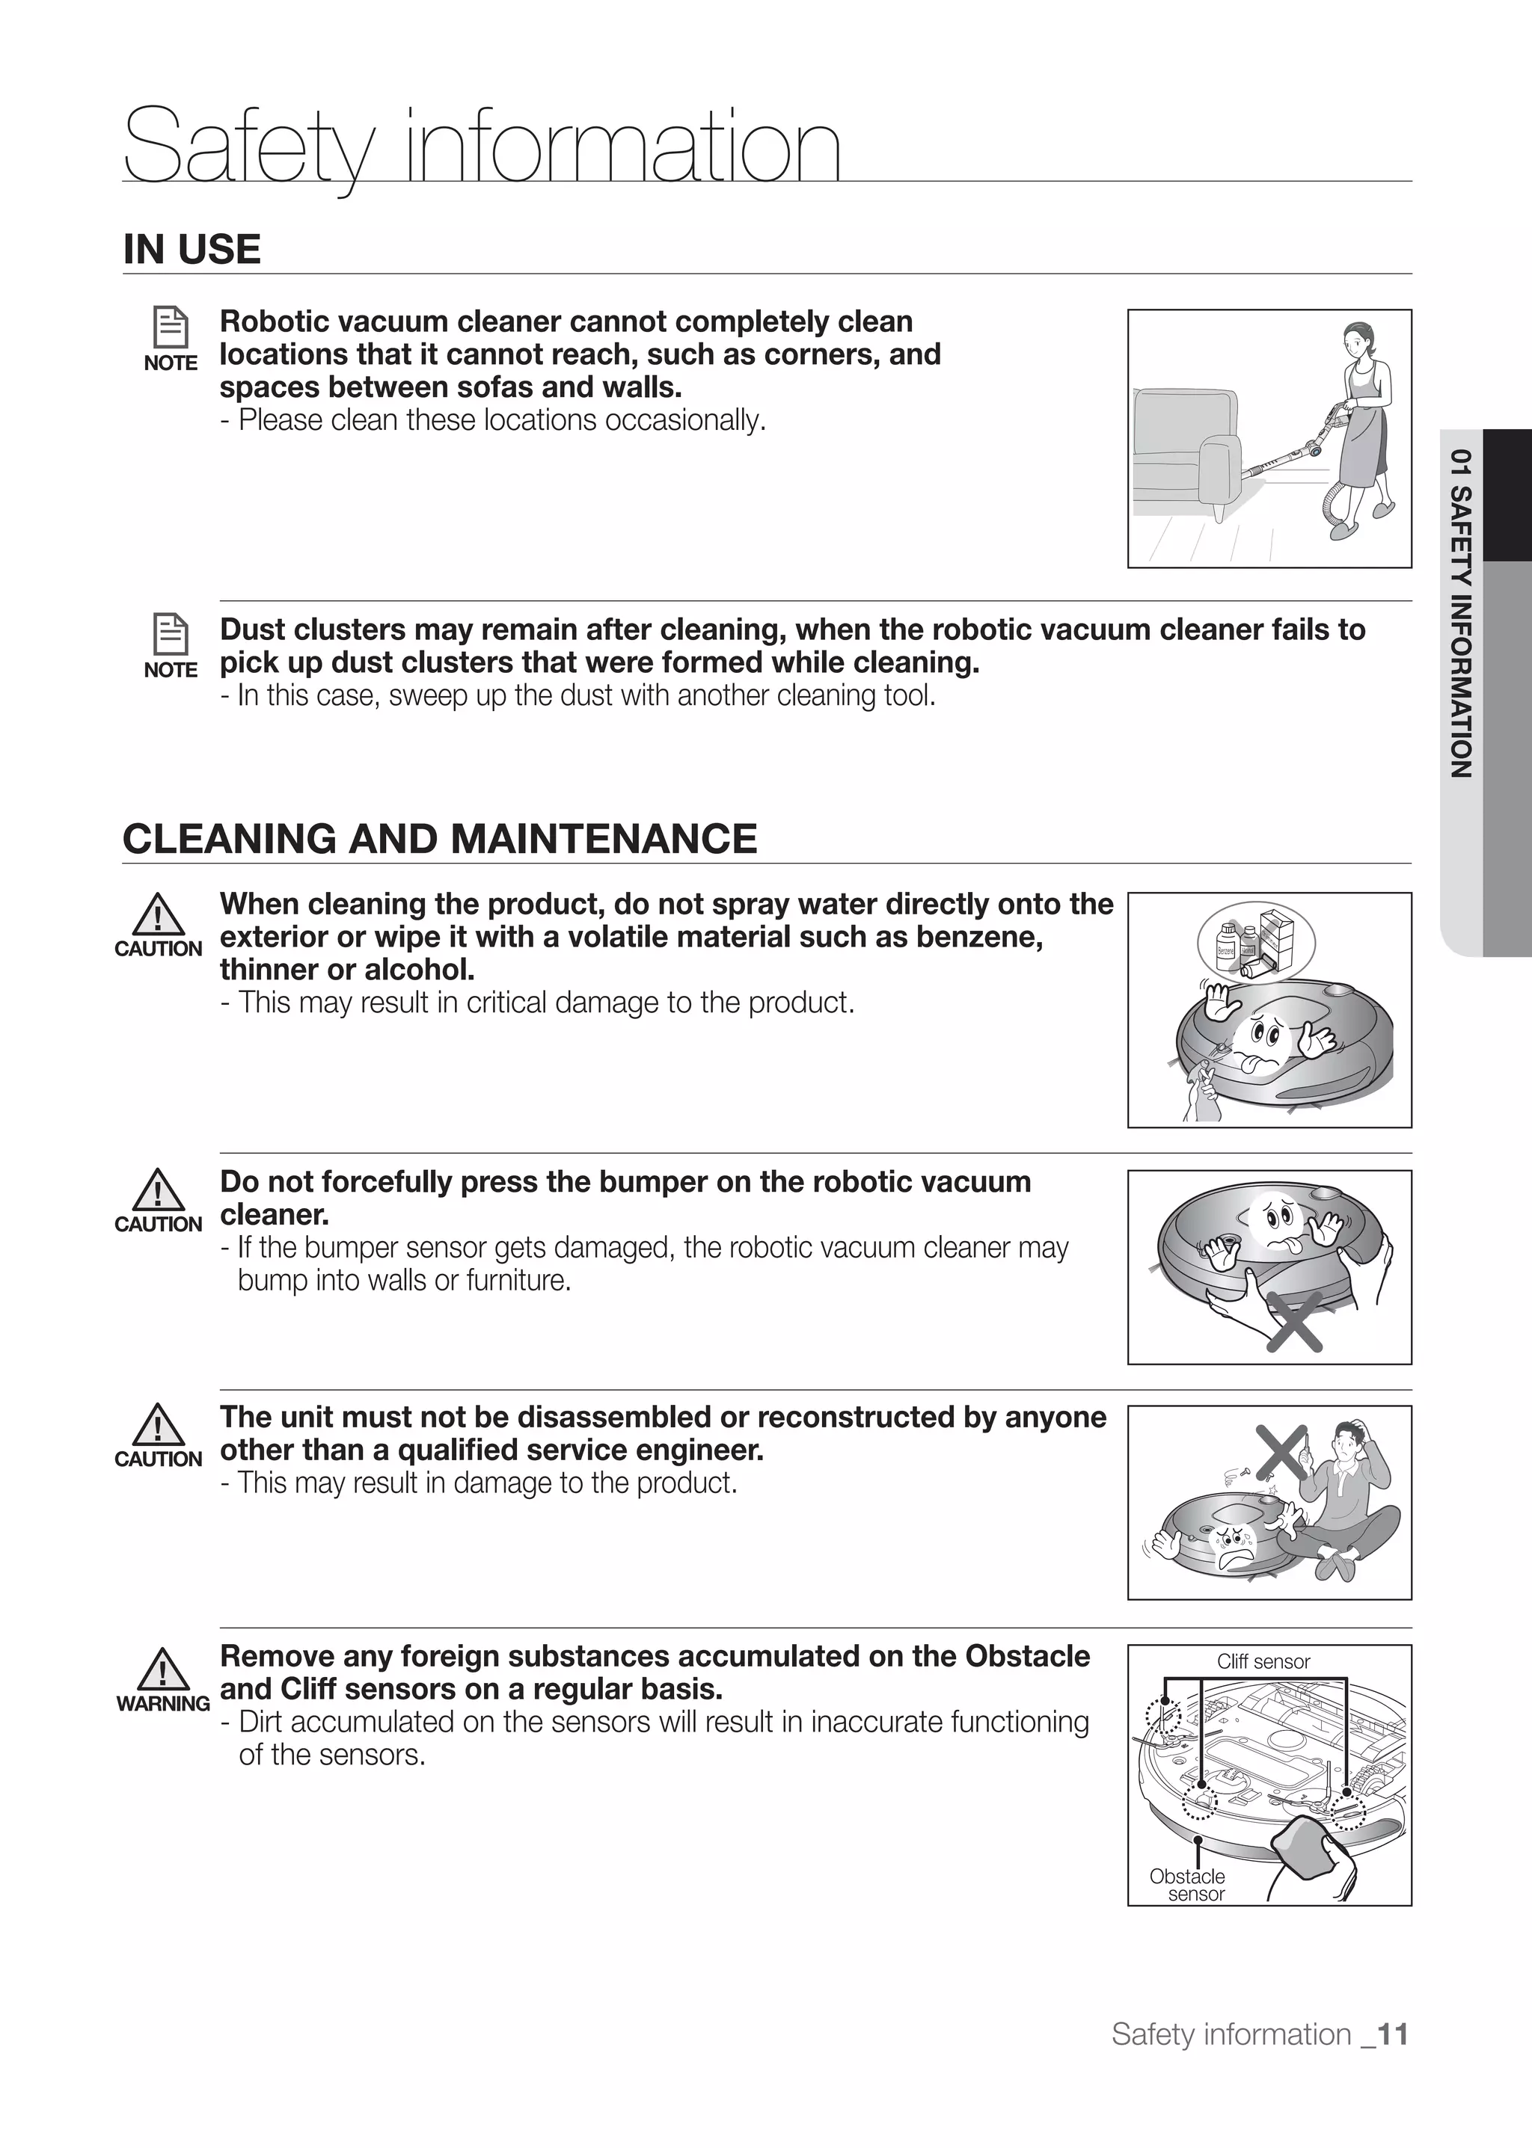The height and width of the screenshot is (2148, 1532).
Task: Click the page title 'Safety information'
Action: (481, 146)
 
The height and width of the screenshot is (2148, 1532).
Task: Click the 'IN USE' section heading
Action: (191, 250)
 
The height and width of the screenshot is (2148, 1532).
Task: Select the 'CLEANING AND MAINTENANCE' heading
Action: (440, 839)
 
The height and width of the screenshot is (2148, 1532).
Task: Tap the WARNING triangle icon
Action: (162, 1670)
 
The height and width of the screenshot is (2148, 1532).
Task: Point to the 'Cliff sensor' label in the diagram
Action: (1263, 1662)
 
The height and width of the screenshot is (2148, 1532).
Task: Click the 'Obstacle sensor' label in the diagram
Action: (1188, 1885)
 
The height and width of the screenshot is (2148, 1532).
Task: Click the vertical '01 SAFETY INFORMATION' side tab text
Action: (1460, 613)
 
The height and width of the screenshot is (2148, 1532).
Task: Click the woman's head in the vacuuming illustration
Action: (1355, 338)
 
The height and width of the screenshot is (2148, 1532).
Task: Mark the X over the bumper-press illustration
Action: (1293, 1321)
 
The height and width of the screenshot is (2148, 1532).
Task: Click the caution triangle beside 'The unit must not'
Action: (158, 1427)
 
